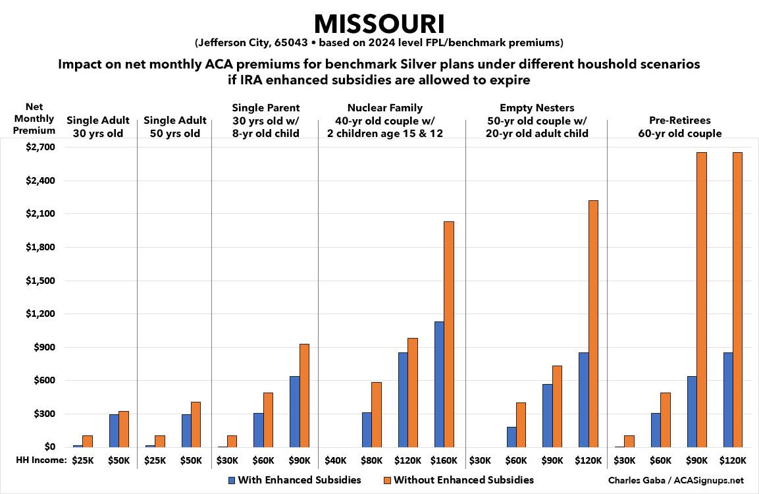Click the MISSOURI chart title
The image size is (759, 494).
[379, 24]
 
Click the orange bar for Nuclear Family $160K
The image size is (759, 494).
[450, 334]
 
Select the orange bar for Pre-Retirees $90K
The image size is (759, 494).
[702, 300]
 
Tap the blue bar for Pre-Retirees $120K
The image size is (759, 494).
[727, 400]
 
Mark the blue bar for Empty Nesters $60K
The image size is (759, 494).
[511, 437]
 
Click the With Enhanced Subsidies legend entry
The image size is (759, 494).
[294, 480]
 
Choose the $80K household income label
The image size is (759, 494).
[373, 460]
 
